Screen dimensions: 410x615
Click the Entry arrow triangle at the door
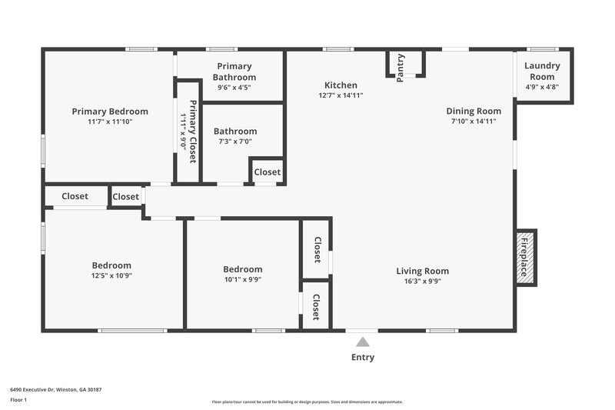[361, 342]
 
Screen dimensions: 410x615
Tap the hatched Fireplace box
[526, 258]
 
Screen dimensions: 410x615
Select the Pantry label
[401, 67]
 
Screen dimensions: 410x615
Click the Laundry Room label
[542, 71]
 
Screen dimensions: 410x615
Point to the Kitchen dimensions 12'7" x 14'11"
[341, 95]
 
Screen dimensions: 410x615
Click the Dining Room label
[476, 111]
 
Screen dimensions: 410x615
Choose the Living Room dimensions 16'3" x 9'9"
[422, 281]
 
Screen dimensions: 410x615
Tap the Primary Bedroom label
[110, 111]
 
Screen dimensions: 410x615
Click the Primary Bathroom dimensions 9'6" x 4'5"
[234, 87]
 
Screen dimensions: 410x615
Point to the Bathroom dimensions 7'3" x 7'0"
[234, 141]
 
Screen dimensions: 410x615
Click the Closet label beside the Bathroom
[268, 172]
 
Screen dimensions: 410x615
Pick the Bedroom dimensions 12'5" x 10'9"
[111, 275]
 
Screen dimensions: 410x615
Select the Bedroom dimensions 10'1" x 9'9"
[242, 279]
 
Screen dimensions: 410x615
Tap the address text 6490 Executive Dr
[55, 389]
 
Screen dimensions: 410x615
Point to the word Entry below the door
[363, 357]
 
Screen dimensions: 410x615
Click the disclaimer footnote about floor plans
[307, 402]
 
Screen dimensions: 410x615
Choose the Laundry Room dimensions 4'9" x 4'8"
[542, 87]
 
